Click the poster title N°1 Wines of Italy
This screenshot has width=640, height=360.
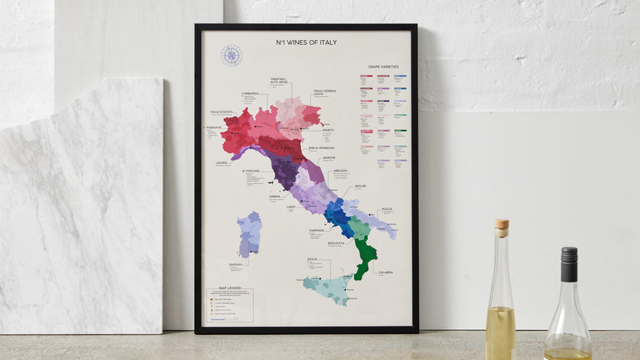pos(306,42)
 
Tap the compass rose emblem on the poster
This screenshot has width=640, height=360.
pos(231,55)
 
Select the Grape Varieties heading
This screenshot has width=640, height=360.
pos(383,67)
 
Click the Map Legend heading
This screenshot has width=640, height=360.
pos(220,288)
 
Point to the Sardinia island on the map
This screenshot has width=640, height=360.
pos(250,234)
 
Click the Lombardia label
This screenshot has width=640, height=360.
pos(250,94)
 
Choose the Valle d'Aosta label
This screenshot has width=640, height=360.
pos(222,112)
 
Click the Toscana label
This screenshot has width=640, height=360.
pos(252,171)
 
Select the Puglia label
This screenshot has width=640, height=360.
pos(387,209)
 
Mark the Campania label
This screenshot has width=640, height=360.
pos(316,230)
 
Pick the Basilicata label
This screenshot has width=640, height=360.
pos(336,244)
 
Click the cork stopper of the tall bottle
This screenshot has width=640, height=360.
pos(501,228)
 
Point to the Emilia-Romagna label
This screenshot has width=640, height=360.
pos(322,148)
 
